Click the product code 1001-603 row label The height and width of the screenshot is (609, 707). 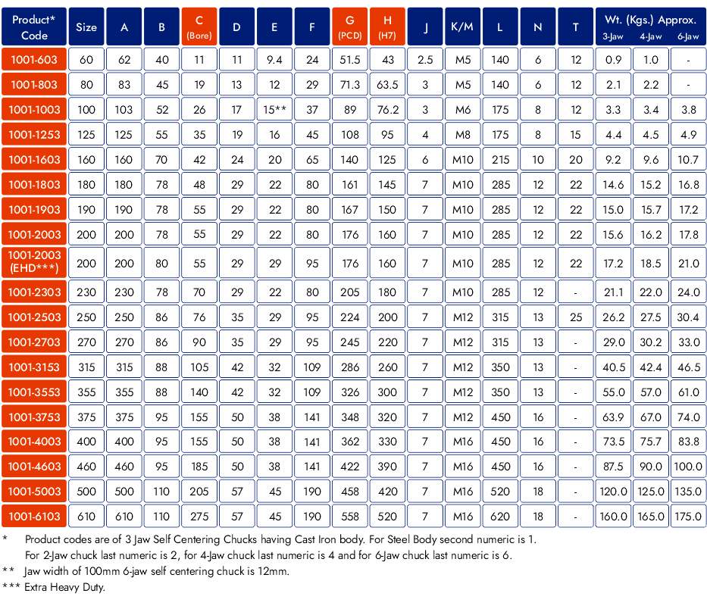tap(34, 60)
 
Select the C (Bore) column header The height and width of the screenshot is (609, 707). tap(199, 27)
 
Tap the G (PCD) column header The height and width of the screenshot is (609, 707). tap(350, 27)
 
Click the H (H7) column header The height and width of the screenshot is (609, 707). tap(387, 27)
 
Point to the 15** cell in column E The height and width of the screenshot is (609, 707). tap(274, 110)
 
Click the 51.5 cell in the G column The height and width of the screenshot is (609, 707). tap(350, 60)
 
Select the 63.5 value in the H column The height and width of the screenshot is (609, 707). tap(387, 85)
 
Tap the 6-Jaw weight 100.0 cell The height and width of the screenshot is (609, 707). tap(688, 467)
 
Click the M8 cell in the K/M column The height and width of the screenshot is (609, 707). tap(462, 135)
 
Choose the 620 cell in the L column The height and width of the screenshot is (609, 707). tap(500, 517)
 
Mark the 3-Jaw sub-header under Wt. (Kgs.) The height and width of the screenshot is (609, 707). tap(613, 36)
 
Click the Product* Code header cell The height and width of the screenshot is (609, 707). tap(34, 27)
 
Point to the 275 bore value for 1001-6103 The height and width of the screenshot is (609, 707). tap(199, 517)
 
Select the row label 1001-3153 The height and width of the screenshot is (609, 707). tap(34, 367)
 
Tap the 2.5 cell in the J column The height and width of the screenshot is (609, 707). tap(425, 60)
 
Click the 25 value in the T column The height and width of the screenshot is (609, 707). tap(576, 317)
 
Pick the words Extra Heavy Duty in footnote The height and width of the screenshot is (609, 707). tap(64, 587)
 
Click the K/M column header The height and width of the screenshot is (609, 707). tap(462, 27)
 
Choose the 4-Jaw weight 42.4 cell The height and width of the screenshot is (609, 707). tap(651, 367)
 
